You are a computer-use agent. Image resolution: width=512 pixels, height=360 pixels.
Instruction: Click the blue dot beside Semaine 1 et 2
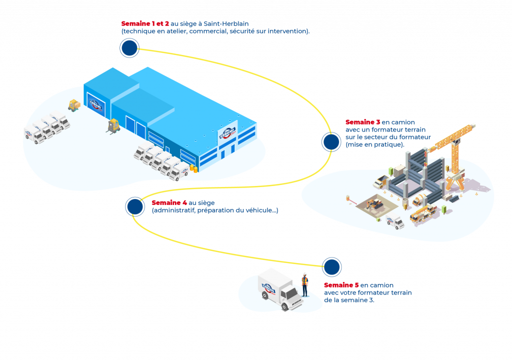(x=129, y=47)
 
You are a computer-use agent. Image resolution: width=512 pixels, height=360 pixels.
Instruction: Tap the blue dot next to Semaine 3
(x=331, y=142)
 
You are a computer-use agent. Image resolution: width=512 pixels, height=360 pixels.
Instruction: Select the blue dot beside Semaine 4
(x=135, y=206)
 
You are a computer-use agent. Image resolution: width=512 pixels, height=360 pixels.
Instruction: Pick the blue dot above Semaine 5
(x=332, y=267)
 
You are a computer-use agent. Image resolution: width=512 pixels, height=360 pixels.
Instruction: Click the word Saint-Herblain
(x=226, y=23)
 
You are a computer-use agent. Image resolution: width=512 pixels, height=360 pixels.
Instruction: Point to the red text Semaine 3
(x=363, y=122)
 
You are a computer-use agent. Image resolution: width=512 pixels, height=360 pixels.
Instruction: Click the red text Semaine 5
(x=341, y=285)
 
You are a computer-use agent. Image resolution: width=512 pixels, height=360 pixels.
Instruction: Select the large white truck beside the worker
(x=280, y=289)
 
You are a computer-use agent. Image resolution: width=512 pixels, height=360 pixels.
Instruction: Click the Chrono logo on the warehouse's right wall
(x=227, y=133)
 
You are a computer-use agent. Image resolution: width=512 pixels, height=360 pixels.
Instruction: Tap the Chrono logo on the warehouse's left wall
(x=96, y=104)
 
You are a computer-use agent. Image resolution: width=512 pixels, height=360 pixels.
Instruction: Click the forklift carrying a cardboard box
(x=74, y=105)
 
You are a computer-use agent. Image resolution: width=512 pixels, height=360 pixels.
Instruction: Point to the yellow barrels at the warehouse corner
(x=193, y=168)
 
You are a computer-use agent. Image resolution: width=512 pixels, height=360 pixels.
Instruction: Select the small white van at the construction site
(x=395, y=221)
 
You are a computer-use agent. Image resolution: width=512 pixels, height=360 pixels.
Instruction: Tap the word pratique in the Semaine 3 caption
(x=388, y=144)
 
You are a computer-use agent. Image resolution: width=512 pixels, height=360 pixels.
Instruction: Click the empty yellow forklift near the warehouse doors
(x=113, y=127)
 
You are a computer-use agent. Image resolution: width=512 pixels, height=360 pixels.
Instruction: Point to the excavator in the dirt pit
(x=376, y=203)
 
